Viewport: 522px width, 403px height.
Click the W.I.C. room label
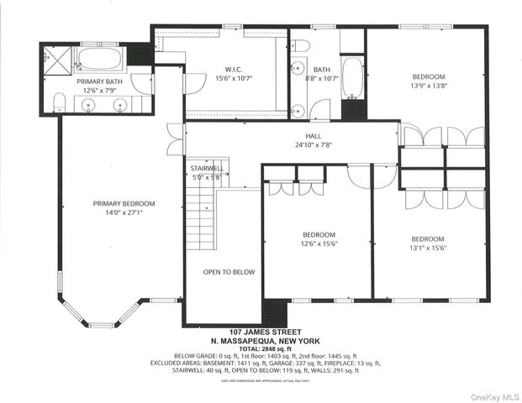coord(234,70)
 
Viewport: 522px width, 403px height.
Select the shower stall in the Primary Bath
coord(56,60)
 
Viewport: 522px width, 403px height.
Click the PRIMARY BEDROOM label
coord(124,203)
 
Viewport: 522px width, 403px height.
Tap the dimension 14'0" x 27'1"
coord(124,213)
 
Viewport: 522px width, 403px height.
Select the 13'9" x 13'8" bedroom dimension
coord(429,86)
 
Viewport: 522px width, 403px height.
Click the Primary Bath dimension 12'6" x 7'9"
coord(100,90)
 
